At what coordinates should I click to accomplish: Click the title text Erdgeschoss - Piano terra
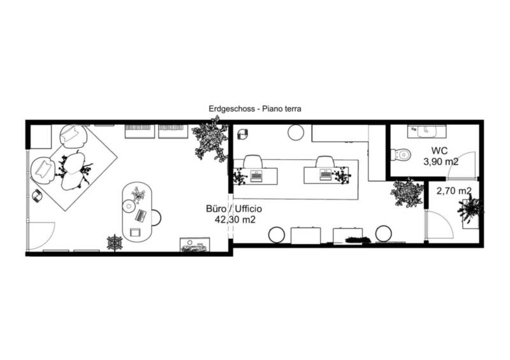click(x=255, y=108)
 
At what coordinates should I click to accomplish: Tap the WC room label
click(x=439, y=151)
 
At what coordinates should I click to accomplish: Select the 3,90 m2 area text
click(x=441, y=162)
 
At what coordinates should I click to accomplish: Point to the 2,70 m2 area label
click(x=454, y=191)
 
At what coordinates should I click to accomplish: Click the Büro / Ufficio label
click(x=234, y=209)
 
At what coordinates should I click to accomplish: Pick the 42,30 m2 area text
click(x=235, y=220)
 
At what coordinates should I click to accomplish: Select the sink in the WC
click(x=426, y=131)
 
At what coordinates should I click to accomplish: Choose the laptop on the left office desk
click(x=256, y=176)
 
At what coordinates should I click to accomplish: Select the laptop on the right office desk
click(x=326, y=175)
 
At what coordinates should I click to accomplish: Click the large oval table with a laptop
click(x=136, y=212)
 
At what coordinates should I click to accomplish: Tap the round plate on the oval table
click(x=129, y=206)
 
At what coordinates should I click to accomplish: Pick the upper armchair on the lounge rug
click(x=73, y=136)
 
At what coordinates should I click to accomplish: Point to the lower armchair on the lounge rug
click(x=43, y=170)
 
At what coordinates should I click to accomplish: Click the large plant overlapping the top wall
click(x=210, y=139)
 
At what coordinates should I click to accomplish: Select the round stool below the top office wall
click(x=296, y=133)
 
